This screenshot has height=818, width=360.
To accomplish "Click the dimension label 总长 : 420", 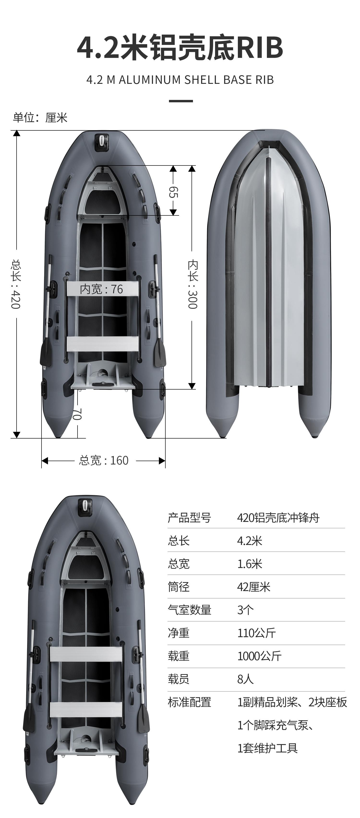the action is click(x=16, y=284).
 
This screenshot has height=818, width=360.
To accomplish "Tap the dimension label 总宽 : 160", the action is click(x=103, y=460).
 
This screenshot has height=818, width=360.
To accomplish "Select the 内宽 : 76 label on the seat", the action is click(x=101, y=289).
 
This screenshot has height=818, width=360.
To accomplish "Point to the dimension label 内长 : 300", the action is click(x=192, y=284).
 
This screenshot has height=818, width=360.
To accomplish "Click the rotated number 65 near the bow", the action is click(x=173, y=192).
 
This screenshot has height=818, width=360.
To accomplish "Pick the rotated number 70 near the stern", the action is click(x=77, y=414).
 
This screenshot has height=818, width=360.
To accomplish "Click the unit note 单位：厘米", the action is click(x=40, y=118).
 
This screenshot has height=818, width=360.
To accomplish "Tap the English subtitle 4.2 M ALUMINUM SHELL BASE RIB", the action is click(x=180, y=80).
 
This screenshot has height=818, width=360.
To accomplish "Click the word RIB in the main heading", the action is click(x=259, y=48).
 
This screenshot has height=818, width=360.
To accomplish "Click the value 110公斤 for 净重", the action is click(x=257, y=633).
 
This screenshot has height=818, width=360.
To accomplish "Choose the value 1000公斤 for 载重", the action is click(x=259, y=656).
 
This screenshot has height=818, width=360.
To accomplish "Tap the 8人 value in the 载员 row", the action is click(x=245, y=679).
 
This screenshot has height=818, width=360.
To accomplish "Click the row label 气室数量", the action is click(x=190, y=610).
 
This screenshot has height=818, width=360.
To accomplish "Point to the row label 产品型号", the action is click(x=190, y=518).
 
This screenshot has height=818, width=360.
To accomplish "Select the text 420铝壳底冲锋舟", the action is click(x=278, y=518).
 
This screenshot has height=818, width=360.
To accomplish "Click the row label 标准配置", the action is click(x=190, y=702).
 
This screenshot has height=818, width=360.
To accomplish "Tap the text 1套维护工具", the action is click(x=268, y=748).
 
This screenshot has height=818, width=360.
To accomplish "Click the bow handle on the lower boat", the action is click(x=85, y=505).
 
